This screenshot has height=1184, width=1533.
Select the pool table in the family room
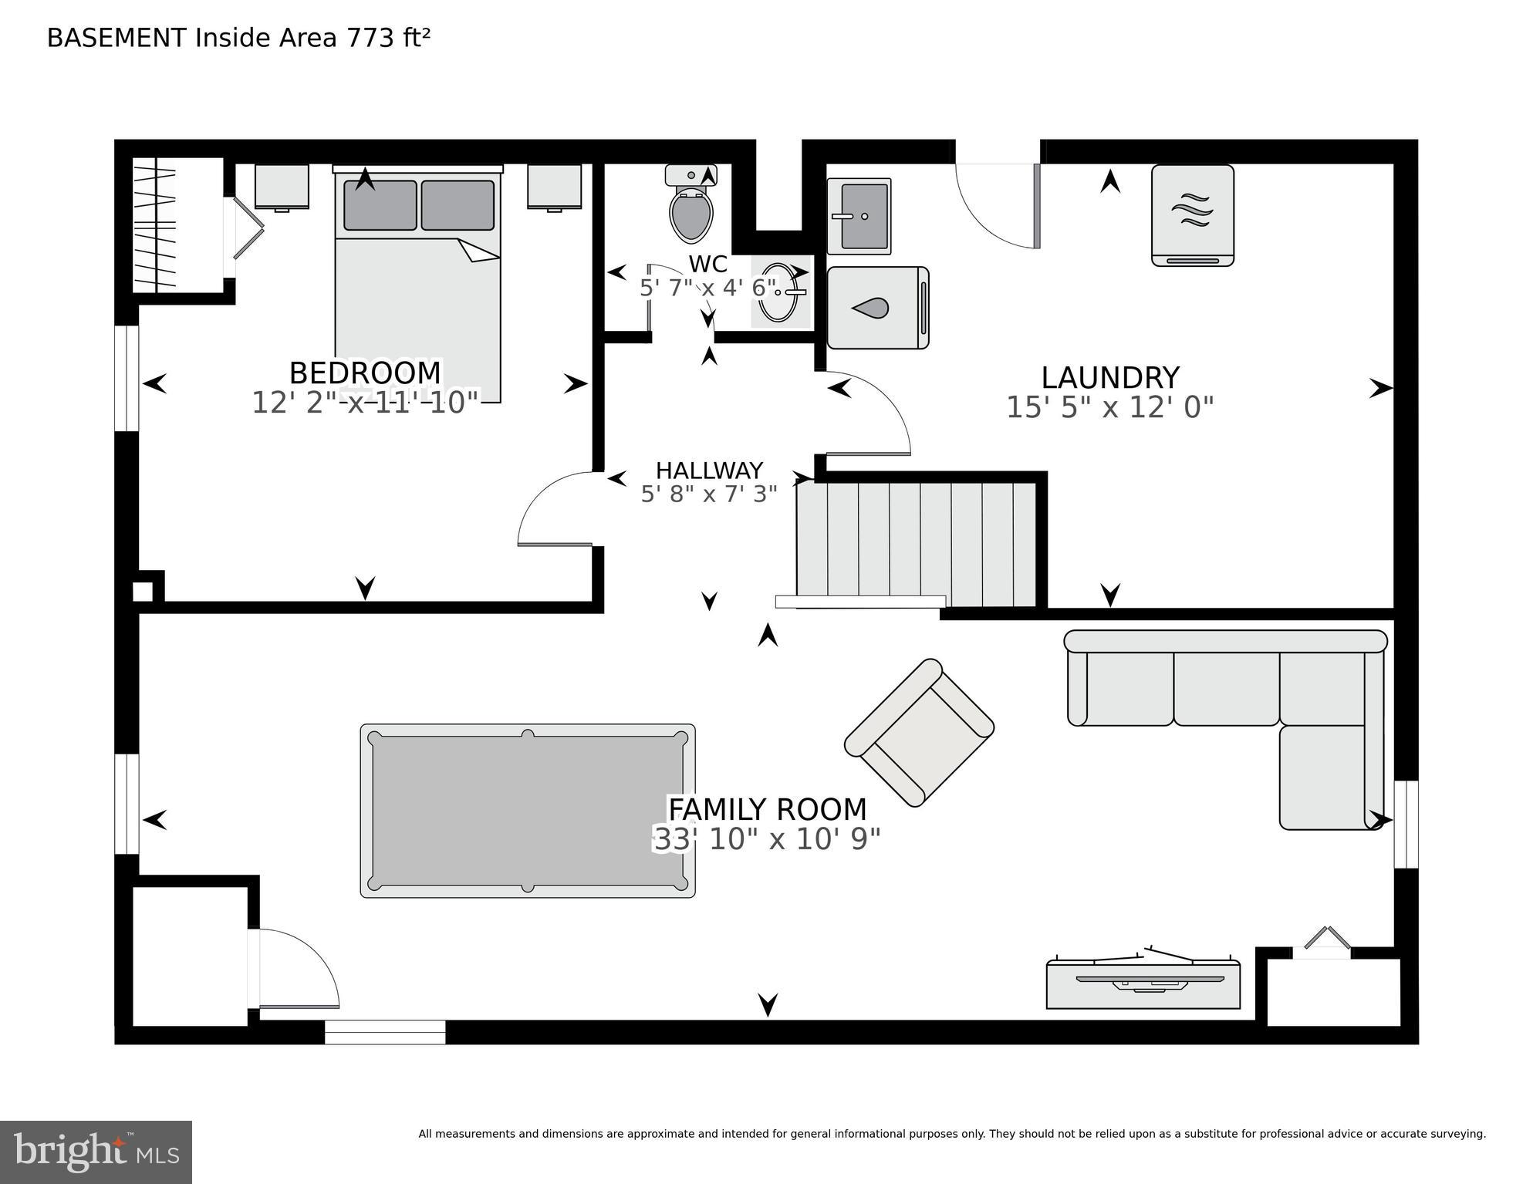[528, 811]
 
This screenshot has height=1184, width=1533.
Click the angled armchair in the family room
[919, 732]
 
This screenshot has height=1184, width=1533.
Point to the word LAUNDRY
[1109, 378]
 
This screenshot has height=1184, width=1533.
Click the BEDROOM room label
[365, 373]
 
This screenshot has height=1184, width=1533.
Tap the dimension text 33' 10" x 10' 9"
[767, 838]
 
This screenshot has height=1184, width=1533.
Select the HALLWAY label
[709, 470]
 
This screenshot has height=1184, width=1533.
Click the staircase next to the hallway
[915, 543]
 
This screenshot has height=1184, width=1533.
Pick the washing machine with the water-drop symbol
[877, 308]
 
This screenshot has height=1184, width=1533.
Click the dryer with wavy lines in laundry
[1192, 215]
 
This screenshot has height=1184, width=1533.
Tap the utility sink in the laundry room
[859, 216]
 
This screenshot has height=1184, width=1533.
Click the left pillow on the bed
[380, 205]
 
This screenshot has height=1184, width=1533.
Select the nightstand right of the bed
[554, 186]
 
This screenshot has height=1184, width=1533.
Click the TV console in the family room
[1143, 984]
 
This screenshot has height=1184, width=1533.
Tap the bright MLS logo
[96, 1152]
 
